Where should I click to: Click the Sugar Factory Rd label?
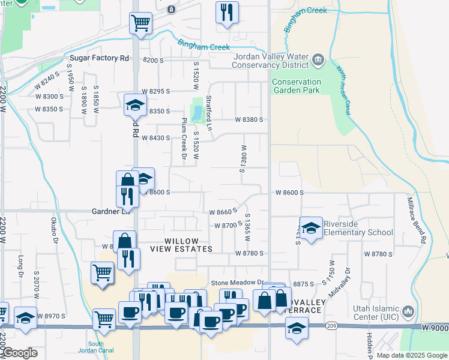pos(100,58)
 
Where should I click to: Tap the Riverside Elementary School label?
pos(358,229)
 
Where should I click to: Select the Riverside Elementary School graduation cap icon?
pos(312,228)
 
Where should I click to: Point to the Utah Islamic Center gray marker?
pos(408,311)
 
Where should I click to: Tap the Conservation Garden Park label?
pos(296,86)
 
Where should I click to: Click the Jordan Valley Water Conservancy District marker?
pos(318,59)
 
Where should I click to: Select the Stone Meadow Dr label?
pos(237,283)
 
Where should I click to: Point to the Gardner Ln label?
pos(111,211)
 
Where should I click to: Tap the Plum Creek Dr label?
pos(184,141)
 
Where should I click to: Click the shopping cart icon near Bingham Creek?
pos(140,23)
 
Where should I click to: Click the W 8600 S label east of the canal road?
pos(289,193)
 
